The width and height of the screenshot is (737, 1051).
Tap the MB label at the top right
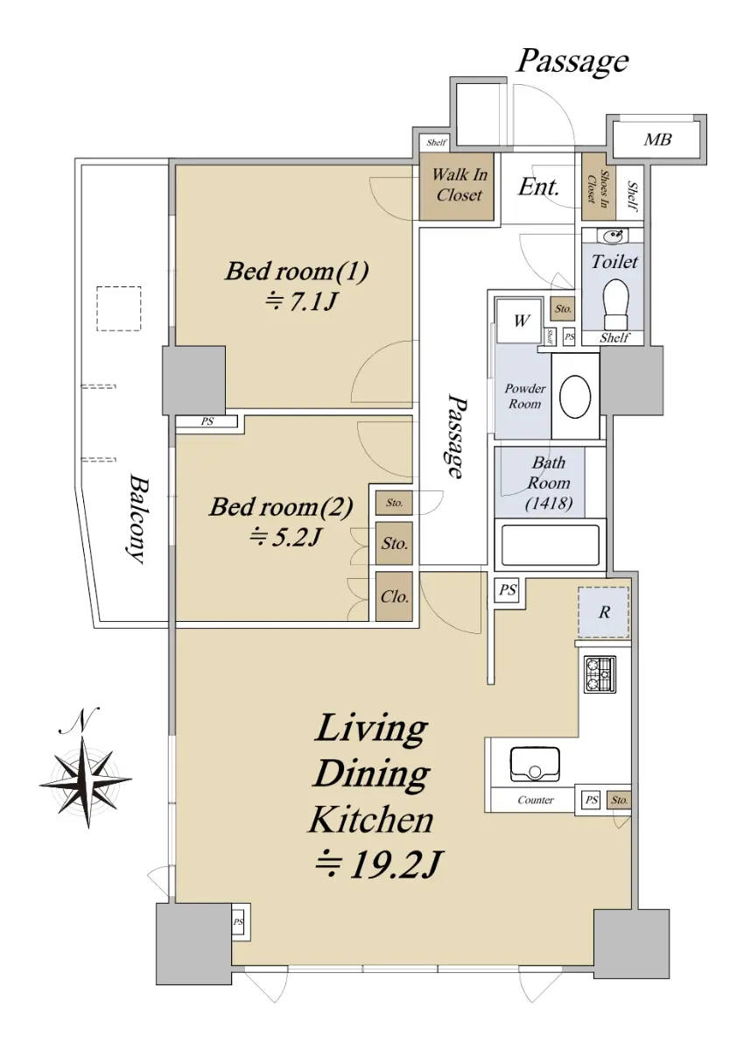point(657,139)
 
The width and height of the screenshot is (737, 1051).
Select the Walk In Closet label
point(459,185)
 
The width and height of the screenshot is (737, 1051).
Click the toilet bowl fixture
point(615,305)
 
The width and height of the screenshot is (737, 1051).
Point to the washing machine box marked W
point(521,321)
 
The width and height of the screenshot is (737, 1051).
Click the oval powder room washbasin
point(575,396)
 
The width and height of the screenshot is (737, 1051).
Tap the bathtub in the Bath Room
point(550,545)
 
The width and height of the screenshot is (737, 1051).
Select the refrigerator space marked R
point(603,612)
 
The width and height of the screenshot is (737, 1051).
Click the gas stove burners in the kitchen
point(600,674)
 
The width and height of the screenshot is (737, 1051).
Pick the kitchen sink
point(535,765)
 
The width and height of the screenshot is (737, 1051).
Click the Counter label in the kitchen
point(536,800)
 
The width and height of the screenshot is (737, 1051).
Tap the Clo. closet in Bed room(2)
point(394,596)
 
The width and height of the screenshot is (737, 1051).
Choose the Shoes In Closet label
point(599,187)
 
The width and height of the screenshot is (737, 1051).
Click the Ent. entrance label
point(538,187)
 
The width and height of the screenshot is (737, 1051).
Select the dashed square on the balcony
point(119,308)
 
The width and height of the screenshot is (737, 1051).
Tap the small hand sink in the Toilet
point(613,235)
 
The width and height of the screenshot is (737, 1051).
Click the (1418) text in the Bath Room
point(549,504)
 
